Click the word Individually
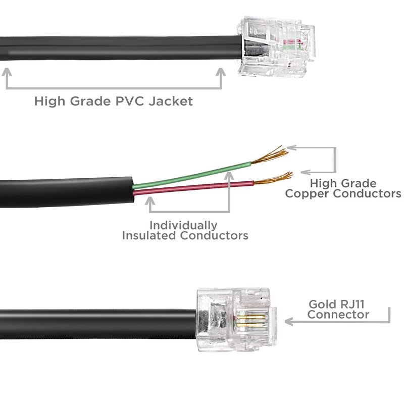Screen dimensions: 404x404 coord(183,225)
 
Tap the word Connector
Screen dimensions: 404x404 coord(338,315)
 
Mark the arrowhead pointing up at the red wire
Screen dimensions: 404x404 coord(150,201)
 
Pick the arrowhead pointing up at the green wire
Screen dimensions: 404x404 coord(229,175)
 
